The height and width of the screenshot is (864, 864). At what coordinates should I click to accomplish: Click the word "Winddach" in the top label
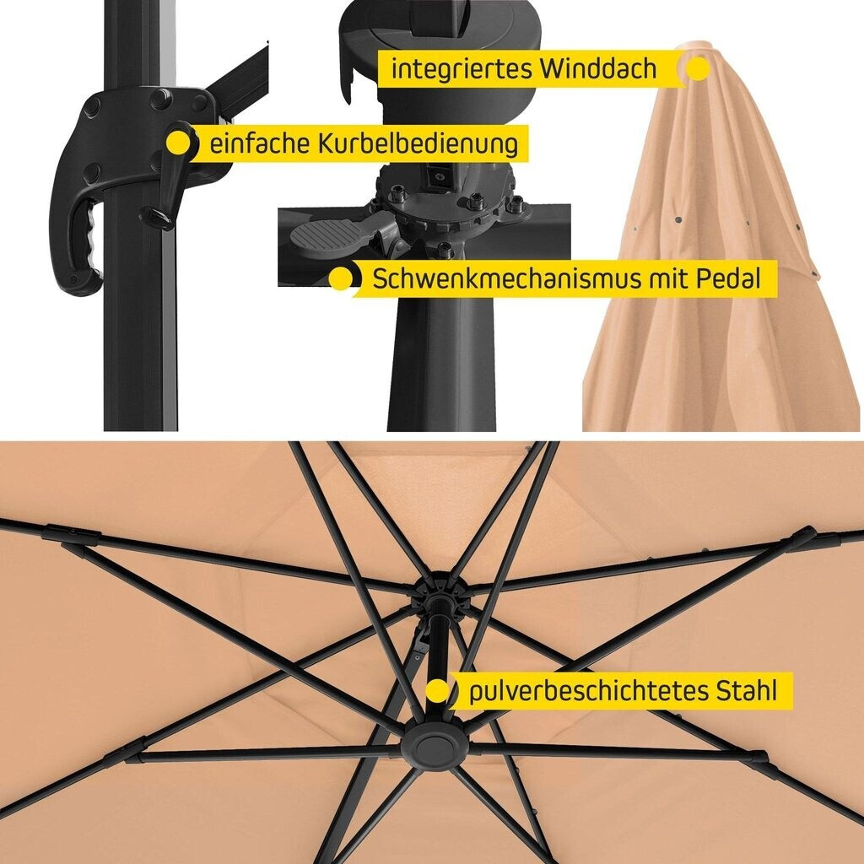[598, 69]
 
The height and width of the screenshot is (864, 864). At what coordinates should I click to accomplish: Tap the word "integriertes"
[462, 70]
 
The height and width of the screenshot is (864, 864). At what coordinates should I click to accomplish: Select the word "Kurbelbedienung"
[418, 143]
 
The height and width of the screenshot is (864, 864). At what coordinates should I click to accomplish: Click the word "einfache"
[260, 143]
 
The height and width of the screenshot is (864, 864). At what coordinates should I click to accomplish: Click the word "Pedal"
[728, 278]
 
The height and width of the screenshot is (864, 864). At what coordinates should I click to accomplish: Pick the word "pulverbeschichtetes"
[588, 690]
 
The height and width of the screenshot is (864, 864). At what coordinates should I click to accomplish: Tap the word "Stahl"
[746, 690]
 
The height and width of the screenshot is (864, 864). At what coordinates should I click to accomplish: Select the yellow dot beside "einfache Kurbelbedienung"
[178, 143]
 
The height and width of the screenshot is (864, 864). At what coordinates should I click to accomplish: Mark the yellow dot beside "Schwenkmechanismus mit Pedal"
[341, 278]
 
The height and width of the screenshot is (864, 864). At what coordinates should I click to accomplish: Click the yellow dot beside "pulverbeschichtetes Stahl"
[437, 690]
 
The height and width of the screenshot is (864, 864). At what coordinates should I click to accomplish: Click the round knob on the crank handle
[155, 216]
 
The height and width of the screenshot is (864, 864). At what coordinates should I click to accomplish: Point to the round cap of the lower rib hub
[435, 748]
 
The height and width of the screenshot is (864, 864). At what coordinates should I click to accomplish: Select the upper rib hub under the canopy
[440, 592]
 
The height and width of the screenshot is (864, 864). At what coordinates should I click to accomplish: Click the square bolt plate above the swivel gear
[439, 176]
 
